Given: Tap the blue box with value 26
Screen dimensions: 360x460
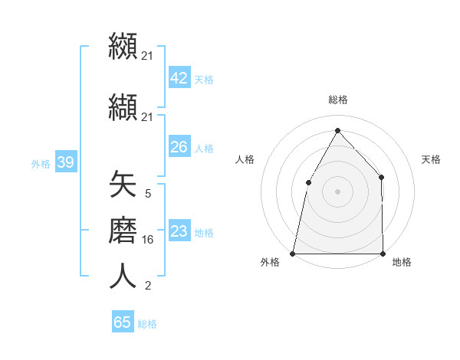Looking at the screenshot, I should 179,146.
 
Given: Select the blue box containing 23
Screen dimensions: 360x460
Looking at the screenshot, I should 179,231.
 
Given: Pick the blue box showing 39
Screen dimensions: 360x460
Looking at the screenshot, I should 65,162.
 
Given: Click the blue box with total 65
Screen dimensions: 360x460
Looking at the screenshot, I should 122,322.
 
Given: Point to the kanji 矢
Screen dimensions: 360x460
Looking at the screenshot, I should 123,185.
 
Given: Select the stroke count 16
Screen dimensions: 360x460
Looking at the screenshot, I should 148,239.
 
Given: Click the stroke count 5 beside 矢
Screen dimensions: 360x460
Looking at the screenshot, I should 147,194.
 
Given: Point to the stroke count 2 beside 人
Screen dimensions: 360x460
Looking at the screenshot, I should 147,286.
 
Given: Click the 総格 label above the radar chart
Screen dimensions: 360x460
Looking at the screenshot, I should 337,100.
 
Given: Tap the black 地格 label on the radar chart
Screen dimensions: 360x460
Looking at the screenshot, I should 402,262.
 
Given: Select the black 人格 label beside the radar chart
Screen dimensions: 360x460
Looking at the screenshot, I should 245,159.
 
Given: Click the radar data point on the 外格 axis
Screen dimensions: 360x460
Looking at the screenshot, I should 293,253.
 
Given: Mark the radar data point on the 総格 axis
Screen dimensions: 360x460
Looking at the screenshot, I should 337,130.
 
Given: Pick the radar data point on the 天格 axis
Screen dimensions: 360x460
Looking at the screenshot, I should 381,177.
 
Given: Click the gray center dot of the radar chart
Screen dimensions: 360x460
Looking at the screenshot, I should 337,191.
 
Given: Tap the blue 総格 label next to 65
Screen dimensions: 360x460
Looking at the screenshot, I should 147,323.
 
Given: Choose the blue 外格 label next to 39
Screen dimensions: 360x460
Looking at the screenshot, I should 41,163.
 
